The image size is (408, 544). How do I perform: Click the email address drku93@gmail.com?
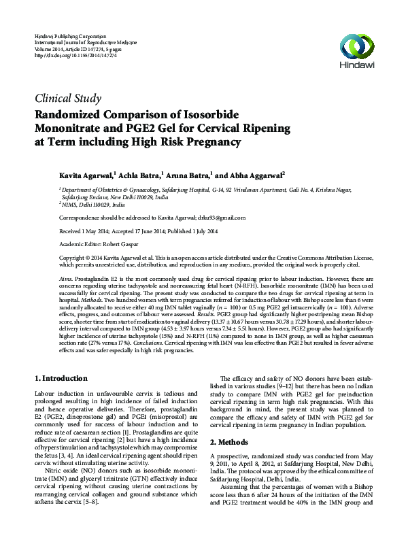[216, 218]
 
